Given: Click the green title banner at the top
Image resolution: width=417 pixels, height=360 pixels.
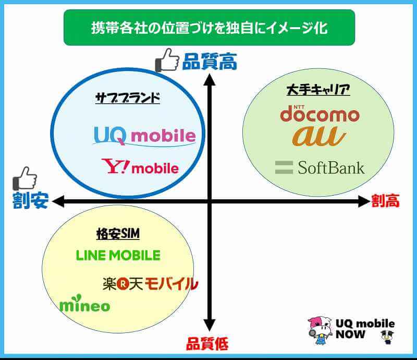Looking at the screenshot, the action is click(x=210, y=28).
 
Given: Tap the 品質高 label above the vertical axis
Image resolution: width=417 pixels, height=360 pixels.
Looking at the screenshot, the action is click(x=210, y=62).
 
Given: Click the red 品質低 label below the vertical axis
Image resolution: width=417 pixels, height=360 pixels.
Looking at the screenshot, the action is click(x=207, y=343).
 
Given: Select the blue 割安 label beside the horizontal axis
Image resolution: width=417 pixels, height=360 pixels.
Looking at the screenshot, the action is click(x=31, y=200).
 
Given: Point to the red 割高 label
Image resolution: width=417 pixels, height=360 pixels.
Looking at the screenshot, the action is click(x=385, y=201).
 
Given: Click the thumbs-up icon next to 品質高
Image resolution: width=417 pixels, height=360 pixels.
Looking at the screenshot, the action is click(x=167, y=60).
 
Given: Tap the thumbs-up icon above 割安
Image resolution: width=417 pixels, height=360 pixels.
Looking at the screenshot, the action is click(x=24, y=178).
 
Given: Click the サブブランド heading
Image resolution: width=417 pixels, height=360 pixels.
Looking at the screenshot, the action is click(x=128, y=98).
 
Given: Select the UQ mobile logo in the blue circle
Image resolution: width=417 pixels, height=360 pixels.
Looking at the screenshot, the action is click(x=144, y=136).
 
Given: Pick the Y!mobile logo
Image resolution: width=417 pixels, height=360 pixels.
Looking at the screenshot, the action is click(x=140, y=166).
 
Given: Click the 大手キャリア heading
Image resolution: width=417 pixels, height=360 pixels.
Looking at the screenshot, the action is click(x=318, y=90).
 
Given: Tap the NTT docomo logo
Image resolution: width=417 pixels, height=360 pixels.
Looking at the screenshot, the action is click(x=320, y=114).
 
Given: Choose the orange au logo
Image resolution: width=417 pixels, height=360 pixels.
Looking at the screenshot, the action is click(x=319, y=136).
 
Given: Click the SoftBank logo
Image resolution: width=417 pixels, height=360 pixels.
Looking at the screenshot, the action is click(x=320, y=167).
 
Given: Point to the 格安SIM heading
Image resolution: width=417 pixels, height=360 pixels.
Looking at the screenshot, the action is click(x=118, y=234).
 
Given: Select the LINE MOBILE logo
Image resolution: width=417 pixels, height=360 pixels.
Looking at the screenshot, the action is click(x=118, y=255).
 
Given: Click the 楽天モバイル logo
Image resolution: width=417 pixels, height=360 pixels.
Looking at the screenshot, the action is click(x=150, y=284).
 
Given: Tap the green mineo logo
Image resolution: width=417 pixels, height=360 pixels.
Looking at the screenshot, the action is click(x=85, y=304).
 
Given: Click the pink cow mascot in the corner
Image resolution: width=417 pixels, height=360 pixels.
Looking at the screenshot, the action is click(x=320, y=330).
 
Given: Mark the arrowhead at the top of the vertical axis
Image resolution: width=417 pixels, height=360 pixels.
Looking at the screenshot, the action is click(x=210, y=80).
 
